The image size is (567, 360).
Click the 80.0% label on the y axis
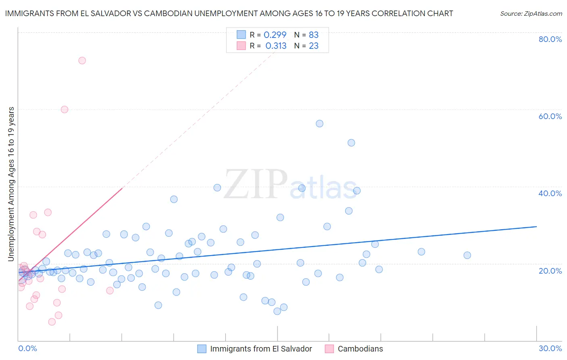click(550, 39)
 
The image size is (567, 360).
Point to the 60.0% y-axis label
click(550, 116)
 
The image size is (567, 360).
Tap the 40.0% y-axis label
click(550, 193)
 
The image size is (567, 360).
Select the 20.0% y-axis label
click(550, 270)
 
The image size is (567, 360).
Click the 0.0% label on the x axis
click(27, 348)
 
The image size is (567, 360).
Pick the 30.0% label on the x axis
click(550, 348)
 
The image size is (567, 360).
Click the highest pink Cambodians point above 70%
click(82, 61)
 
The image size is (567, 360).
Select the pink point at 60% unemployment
click(65, 109)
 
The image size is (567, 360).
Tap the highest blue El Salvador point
click(319, 123)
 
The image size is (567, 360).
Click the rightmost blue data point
click(467, 255)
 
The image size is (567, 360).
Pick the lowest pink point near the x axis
click(52, 322)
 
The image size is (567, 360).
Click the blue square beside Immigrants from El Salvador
click(202, 349)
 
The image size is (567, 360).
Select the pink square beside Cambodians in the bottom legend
click(329, 349)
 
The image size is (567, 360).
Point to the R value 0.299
click(275, 35)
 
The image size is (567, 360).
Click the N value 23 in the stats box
click(314, 46)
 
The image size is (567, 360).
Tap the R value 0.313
click(276, 46)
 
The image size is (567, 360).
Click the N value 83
click(314, 35)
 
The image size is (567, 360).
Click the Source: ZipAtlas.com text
click(531, 14)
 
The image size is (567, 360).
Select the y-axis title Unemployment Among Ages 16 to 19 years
click(11, 184)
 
